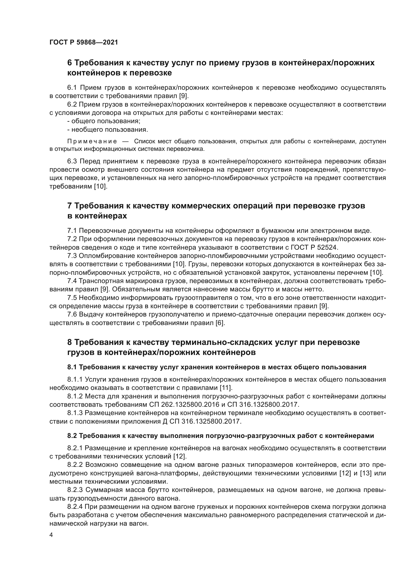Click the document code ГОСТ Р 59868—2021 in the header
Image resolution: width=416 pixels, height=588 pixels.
pyautogui.click(x=84, y=42)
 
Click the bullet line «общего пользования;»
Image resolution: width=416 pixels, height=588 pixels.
pyautogui.click(x=104, y=121)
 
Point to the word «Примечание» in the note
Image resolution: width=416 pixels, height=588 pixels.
pyautogui.click(x=92, y=141)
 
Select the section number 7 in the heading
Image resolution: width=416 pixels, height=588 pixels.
pyautogui.click(x=69, y=206)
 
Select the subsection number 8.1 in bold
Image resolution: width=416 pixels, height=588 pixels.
pyautogui.click(x=72, y=367)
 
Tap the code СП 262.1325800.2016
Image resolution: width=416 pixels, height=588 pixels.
pyautogui.click(x=188, y=404)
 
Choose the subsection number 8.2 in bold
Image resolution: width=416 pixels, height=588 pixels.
pyautogui.click(x=72, y=436)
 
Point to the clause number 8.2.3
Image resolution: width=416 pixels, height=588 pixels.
pyautogui.click(x=75, y=490)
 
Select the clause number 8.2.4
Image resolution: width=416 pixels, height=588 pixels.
pyautogui.click(x=75, y=507)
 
